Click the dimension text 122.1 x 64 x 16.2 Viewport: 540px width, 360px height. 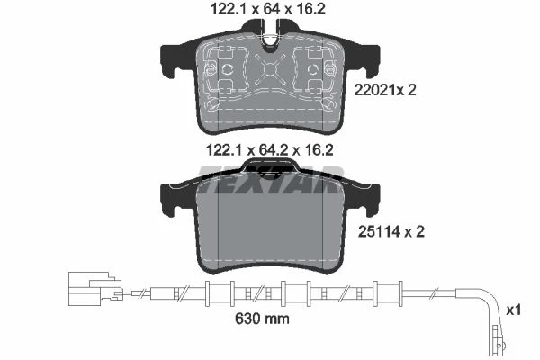pyautogui.click(x=268, y=9)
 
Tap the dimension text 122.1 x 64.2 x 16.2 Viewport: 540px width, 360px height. pyautogui.click(x=270, y=150)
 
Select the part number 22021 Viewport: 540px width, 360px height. pyautogui.click(x=373, y=90)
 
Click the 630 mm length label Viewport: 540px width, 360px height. pyautogui.click(x=262, y=319)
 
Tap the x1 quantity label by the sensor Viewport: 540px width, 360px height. pyautogui.click(x=514, y=310)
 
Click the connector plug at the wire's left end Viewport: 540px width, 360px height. pyautogui.click(x=95, y=289)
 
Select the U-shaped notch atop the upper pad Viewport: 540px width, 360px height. pyautogui.click(x=271, y=38)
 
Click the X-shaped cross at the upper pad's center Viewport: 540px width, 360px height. pyautogui.click(x=270, y=70)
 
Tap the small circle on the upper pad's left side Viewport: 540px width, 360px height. pyautogui.click(x=228, y=69)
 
